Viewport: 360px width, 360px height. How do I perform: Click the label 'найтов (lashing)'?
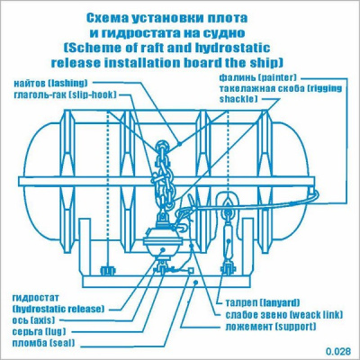click(x=51, y=83)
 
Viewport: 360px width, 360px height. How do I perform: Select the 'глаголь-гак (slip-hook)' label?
click(x=65, y=95)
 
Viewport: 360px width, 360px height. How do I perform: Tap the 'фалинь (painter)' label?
click(x=257, y=77)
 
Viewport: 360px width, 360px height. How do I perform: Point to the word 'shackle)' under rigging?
click(x=238, y=99)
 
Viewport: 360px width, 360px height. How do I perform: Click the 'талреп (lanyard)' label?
click(x=263, y=302)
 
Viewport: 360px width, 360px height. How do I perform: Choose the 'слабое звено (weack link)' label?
click(x=283, y=315)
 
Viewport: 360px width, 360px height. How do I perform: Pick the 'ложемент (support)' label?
click(x=271, y=327)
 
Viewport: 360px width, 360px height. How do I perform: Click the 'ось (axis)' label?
click(x=33, y=320)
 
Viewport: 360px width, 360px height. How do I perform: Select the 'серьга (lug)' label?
click(x=39, y=331)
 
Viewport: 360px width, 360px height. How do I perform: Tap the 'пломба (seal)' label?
click(x=43, y=343)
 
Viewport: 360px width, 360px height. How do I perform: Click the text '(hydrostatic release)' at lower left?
click(x=58, y=309)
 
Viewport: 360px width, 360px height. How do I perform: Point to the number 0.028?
click(x=338, y=351)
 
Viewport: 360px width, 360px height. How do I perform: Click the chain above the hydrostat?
click(x=162, y=177)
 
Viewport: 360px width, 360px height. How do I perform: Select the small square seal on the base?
click(x=190, y=270)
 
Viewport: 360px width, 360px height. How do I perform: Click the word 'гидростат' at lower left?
click(x=36, y=298)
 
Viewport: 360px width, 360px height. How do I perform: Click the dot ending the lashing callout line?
click(x=180, y=144)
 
